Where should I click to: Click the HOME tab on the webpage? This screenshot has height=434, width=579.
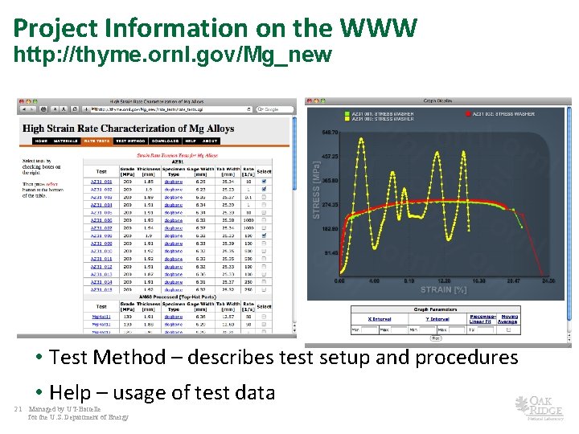(40, 141)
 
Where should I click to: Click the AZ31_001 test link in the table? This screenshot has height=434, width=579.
(101, 182)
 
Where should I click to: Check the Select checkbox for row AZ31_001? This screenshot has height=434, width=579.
(264, 182)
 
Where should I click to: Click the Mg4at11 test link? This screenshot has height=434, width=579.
(101, 317)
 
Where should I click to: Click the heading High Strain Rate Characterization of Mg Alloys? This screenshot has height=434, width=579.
(128, 129)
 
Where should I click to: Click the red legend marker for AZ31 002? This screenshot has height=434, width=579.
(468, 114)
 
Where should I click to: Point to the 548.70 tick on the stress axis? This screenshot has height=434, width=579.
(330, 132)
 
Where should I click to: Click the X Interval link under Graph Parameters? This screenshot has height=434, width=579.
(380, 318)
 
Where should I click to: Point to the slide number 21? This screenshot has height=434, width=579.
(18, 409)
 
